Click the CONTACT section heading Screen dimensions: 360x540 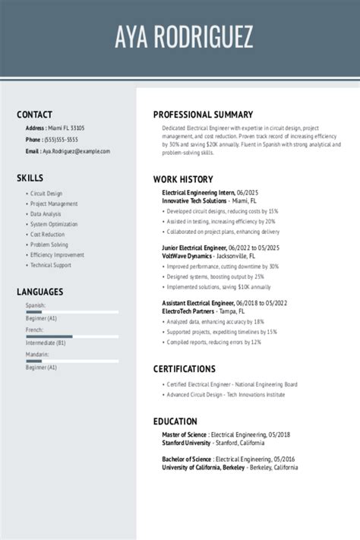[x=34, y=115]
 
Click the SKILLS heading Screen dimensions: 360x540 [x=30, y=178]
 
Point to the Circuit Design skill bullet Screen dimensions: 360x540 [x=46, y=194]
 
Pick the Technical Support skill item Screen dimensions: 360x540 [x=51, y=265]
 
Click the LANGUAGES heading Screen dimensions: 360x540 [x=39, y=292]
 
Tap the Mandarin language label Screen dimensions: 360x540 [x=37, y=355]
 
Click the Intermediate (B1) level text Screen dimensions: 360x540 [x=46, y=343]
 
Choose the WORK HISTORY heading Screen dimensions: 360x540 [x=184, y=179]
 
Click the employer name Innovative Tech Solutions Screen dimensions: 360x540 [x=194, y=201]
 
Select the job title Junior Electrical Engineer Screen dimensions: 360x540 [x=194, y=248]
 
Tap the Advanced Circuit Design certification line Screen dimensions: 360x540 [x=226, y=395]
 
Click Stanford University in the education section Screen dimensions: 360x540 [x=186, y=443]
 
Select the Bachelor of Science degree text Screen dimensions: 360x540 [x=186, y=459]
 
